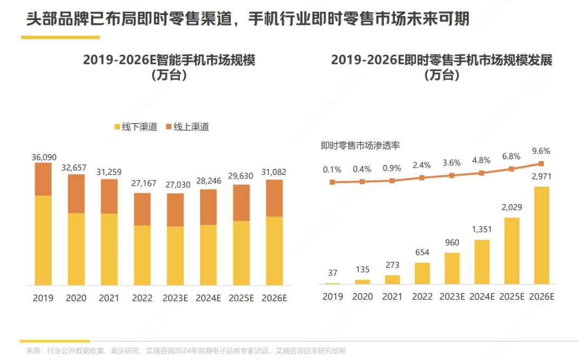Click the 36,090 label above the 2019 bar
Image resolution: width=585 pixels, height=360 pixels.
pyautogui.click(x=43, y=158)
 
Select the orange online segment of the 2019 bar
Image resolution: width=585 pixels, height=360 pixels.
pyautogui.click(x=43, y=179)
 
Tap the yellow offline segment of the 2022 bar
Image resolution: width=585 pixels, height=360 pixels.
pyautogui.click(x=142, y=254)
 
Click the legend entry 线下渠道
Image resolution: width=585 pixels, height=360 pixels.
pyautogui.click(x=135, y=127)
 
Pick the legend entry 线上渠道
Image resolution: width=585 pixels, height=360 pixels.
pyautogui.click(x=186, y=127)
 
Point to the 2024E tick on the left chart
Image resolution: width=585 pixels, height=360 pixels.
pyautogui.click(x=208, y=298)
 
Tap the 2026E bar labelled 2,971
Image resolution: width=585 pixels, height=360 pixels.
pyautogui.click(x=541, y=235)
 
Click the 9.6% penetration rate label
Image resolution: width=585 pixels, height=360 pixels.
pyautogui.click(x=541, y=152)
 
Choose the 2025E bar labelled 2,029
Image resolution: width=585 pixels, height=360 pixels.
pyautogui.click(x=511, y=251)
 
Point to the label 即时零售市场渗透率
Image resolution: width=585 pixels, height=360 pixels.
pyautogui.click(x=360, y=145)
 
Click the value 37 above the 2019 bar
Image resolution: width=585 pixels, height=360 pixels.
pyautogui.click(x=333, y=272)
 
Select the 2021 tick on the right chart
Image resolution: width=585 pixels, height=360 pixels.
pyautogui.click(x=392, y=297)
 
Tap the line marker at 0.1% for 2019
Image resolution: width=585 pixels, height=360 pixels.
pyautogui.click(x=333, y=182)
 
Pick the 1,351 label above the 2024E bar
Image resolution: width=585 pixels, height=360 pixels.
pyautogui.click(x=482, y=230)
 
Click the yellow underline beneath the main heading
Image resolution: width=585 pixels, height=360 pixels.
pyautogui.click(x=60, y=37)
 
